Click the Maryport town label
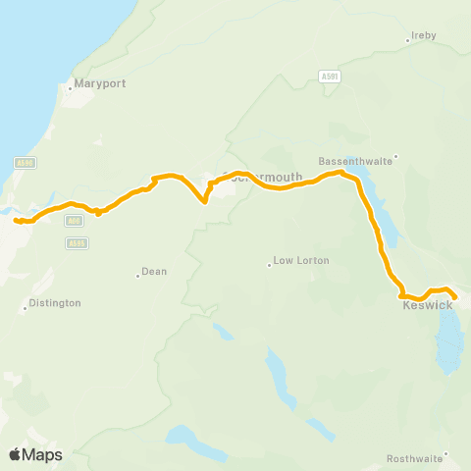coord(98,83)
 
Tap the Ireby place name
coord(423,35)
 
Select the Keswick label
coord(427,305)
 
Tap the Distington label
coord(55,303)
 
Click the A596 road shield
coord(26,163)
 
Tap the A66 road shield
coord(74,223)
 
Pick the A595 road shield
coord(78,242)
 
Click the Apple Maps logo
coord(35,454)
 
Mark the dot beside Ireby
coord(407,41)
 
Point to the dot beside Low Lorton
coord(269,264)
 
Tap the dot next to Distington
coord(26,309)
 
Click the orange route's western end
coord(16,220)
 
